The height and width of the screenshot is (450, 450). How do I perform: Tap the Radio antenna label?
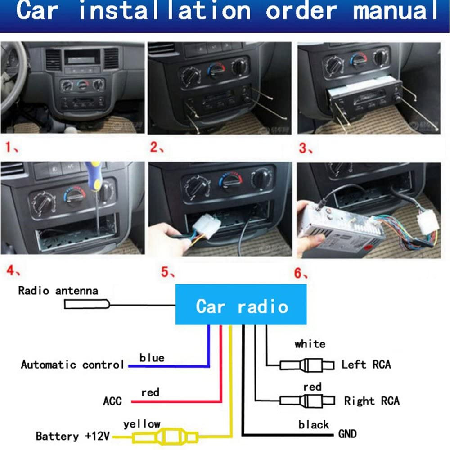[x=58, y=290]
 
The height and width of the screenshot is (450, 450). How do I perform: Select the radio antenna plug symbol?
[x=86, y=305]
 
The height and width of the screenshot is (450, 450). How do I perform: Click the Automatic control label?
[x=72, y=364]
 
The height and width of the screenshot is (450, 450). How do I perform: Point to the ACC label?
[x=112, y=400]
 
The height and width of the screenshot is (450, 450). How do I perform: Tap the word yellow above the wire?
[x=142, y=423]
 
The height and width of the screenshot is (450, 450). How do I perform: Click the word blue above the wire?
[x=152, y=358]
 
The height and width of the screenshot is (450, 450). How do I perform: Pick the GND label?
[x=347, y=434]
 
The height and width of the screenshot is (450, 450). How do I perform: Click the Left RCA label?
[x=366, y=364]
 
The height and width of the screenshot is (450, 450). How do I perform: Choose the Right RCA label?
[x=372, y=400]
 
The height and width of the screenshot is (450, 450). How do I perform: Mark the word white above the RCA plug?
[x=310, y=344]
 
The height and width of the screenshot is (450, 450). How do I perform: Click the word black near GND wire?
[x=313, y=425]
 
